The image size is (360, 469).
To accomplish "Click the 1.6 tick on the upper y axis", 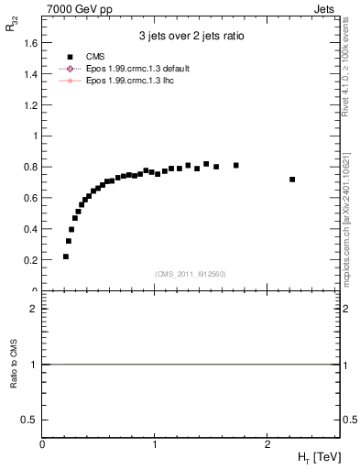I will (31, 42).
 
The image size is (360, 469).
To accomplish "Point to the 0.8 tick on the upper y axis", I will (31, 167).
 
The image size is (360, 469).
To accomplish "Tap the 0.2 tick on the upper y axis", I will (31, 260).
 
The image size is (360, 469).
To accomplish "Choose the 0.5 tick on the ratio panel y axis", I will (31, 420).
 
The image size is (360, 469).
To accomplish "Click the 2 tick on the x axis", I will (267, 443).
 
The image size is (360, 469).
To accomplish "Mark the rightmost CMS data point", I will (292, 180).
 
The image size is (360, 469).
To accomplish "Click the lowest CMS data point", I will (66, 256).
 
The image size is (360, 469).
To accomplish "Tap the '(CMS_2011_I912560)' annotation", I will (191, 274).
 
